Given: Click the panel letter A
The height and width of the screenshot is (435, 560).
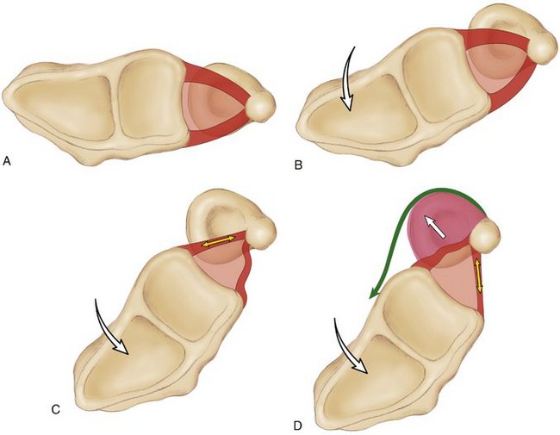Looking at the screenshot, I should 7,160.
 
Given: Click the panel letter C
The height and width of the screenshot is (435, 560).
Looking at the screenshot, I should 55,408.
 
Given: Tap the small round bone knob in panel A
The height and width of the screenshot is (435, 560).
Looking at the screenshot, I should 262,107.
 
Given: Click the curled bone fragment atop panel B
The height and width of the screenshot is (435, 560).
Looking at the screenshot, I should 500,21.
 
